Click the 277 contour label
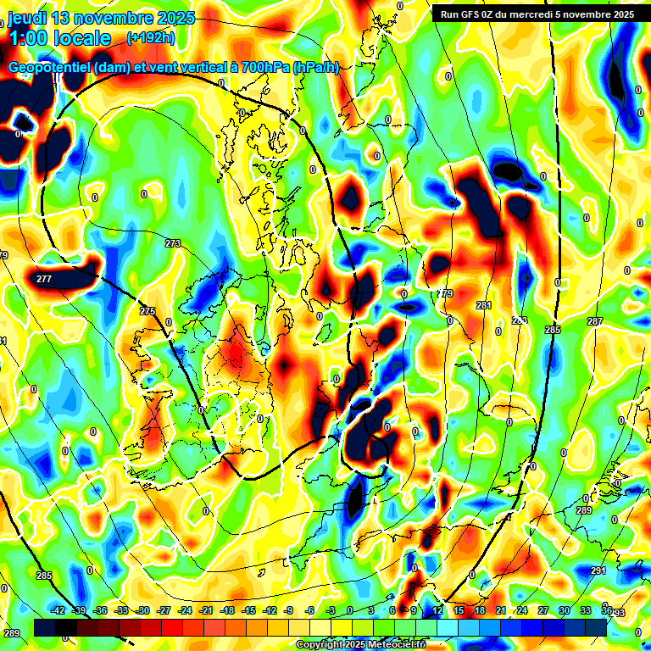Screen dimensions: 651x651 click(44, 278)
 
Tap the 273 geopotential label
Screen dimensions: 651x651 click(173, 243)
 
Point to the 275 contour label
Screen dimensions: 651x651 click(147, 312)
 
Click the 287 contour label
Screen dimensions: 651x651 click(595, 321)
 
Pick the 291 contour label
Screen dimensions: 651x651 click(598, 571)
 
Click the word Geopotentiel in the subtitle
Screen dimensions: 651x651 click(51, 68)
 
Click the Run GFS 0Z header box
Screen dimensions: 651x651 click(532, 14)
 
